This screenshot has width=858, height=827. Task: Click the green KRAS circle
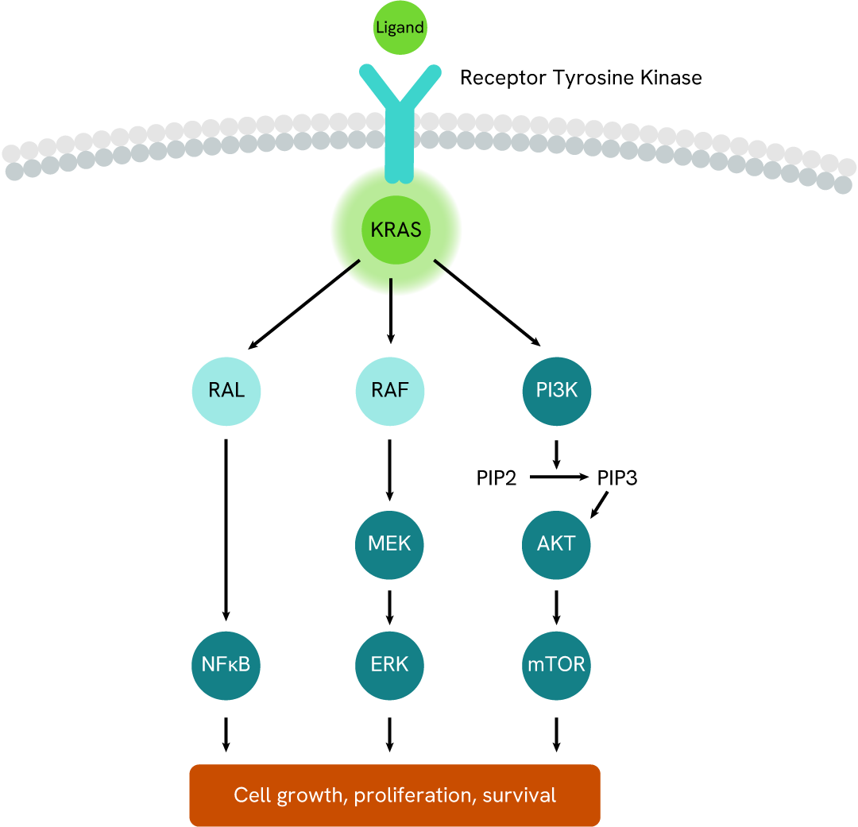tap(395, 231)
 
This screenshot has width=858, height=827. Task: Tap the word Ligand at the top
tap(400, 28)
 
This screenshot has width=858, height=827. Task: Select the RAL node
tap(227, 391)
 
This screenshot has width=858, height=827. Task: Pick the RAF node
tap(390, 391)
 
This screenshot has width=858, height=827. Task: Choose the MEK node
tap(389, 544)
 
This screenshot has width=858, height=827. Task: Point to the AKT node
tap(556, 544)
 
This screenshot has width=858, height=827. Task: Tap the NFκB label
tap(226, 664)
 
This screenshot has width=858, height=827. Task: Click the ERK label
tap(389, 664)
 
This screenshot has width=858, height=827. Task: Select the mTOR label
tap(556, 664)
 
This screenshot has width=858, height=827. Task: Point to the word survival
tap(520, 795)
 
